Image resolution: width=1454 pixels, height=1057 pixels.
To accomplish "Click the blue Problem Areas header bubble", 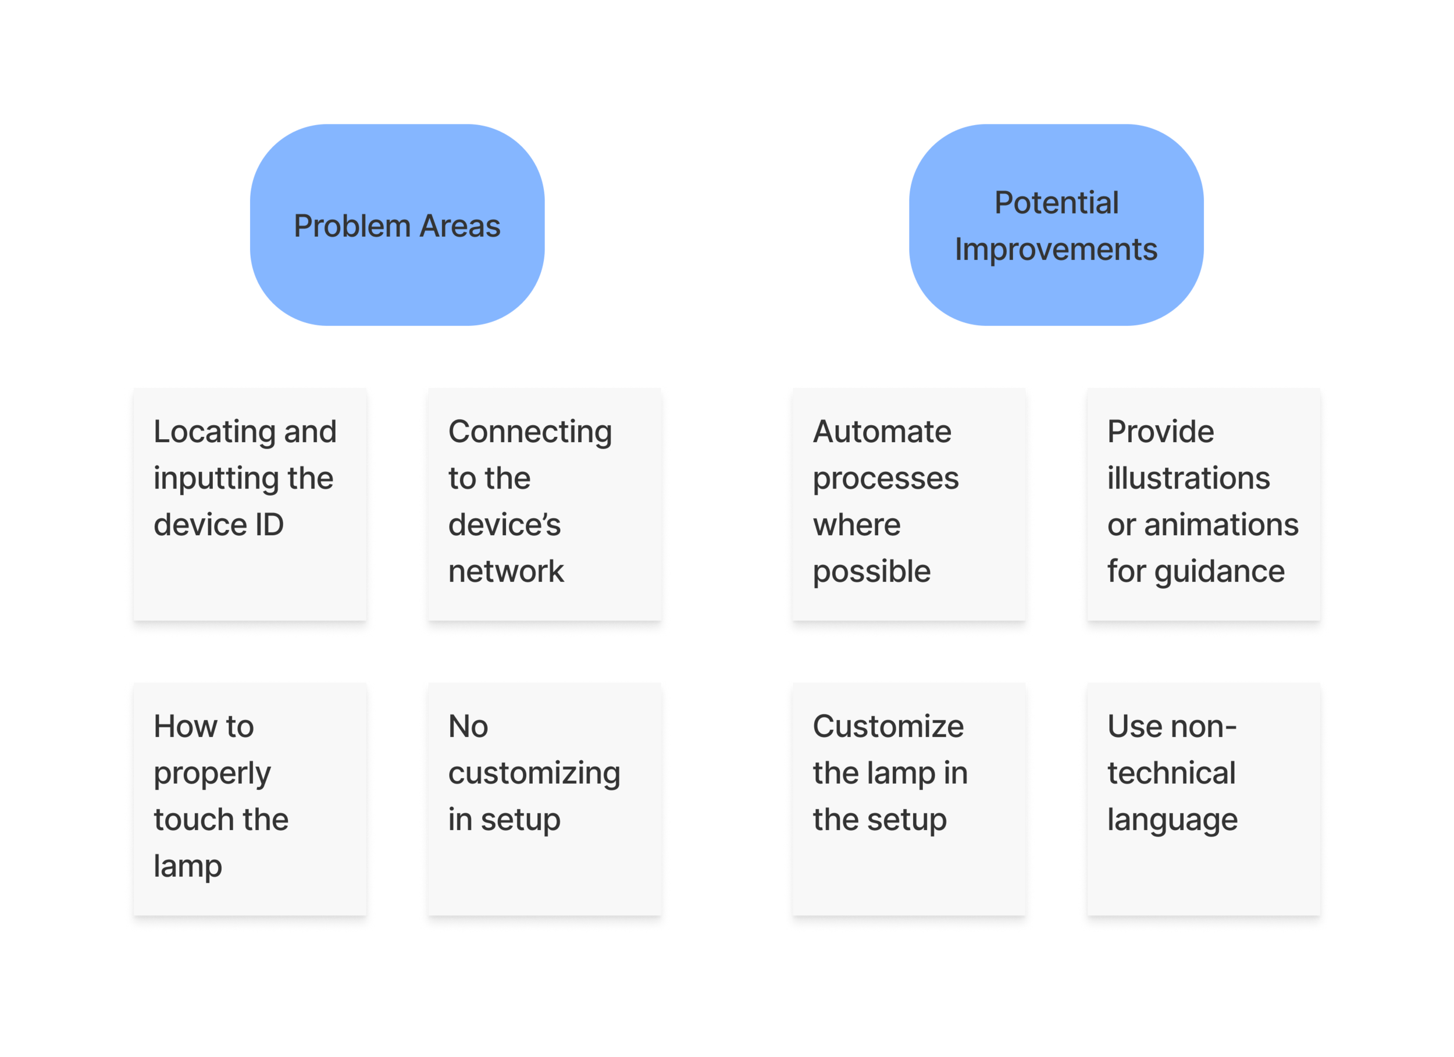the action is coord(397,225).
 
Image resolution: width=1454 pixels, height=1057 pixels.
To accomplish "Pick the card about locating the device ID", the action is coord(250,504).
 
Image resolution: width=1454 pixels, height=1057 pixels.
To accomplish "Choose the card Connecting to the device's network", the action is coord(545,504).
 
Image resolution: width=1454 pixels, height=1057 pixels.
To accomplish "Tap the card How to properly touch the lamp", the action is coord(250,799).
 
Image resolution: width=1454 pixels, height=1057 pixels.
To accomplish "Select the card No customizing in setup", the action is coord(545,799).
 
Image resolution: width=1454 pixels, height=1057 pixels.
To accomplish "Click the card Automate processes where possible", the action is coord(909,504).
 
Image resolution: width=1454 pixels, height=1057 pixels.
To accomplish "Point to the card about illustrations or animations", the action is coord(1203,504).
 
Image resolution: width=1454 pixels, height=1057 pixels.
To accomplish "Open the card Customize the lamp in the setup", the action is coord(909,799).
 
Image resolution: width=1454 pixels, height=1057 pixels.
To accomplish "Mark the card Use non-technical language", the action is coord(1203,799).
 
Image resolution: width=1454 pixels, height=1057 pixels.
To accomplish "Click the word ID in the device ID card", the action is coord(269,525).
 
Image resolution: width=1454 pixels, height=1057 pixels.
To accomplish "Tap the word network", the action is coord(506,571).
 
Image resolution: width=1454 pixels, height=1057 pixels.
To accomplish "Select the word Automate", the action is coord(882,432).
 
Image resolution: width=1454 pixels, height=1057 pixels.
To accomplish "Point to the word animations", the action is coord(1221,525).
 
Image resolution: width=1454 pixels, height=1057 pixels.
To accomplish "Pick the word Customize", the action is coord(888,727).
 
